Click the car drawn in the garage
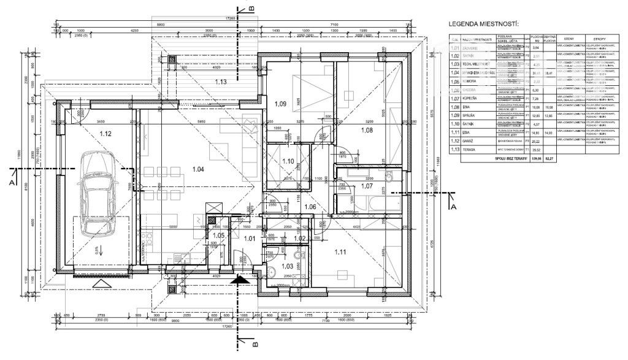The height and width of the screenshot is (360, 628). point(96,194)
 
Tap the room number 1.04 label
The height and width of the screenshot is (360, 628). point(198,169)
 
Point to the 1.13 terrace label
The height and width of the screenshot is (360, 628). point(221,81)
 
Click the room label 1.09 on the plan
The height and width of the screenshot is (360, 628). point(280,104)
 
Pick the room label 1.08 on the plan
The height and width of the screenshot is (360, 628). point(367,130)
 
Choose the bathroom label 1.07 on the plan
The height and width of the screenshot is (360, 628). point(367,185)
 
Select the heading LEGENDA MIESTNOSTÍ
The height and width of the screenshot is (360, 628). point(483,24)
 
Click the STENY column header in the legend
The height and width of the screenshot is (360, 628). point(568,38)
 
